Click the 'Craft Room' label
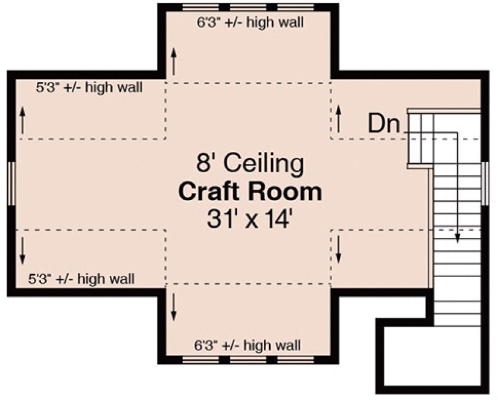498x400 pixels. click(x=250, y=192)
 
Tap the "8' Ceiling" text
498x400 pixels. click(x=250, y=163)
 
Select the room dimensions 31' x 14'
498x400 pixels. click(x=250, y=219)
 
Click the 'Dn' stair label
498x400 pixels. click(x=385, y=124)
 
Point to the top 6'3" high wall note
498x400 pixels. click(x=250, y=23)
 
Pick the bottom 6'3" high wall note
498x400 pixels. click(x=247, y=346)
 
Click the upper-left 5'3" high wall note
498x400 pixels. click(x=89, y=88)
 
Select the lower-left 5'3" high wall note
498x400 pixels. click(x=81, y=279)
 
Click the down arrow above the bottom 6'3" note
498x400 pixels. click(x=174, y=307)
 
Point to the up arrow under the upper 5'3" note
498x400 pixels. click(x=23, y=120)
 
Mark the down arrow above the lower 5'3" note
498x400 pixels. click(x=23, y=249)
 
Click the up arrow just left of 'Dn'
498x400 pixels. click(x=339, y=118)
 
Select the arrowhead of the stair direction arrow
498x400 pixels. click(x=458, y=237)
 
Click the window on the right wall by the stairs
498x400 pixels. click(x=485, y=182)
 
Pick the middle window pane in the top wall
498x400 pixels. click(x=249, y=8)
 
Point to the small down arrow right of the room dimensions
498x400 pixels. click(x=339, y=249)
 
